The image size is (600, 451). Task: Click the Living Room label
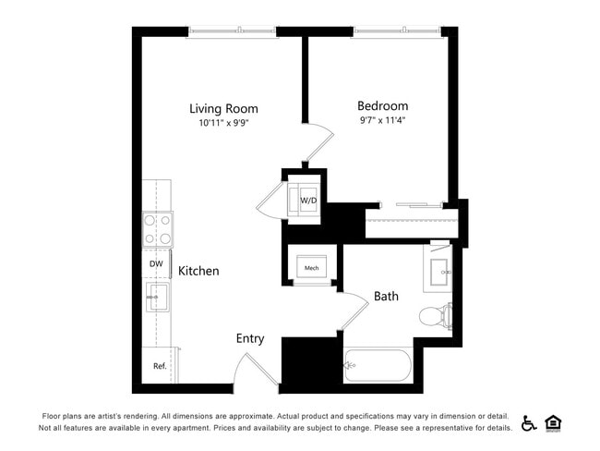(x=223, y=108)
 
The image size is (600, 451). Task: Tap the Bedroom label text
(x=382, y=106)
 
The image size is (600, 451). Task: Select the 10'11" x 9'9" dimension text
(x=223, y=123)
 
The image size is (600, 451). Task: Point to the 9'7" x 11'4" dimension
(x=382, y=120)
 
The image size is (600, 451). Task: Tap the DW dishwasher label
(x=156, y=263)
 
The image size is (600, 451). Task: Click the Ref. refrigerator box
(x=160, y=366)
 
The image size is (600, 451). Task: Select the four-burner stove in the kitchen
(x=158, y=229)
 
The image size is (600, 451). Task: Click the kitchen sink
(x=157, y=298)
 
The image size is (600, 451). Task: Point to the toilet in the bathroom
(x=434, y=317)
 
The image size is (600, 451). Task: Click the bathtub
(x=378, y=367)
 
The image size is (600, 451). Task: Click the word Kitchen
(x=198, y=271)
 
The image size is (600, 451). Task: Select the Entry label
(x=250, y=338)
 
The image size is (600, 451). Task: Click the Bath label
(x=386, y=297)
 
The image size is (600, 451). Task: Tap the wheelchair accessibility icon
(x=529, y=423)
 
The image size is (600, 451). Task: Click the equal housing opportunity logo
(x=554, y=423)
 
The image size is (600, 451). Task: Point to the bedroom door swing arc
(x=318, y=143)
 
